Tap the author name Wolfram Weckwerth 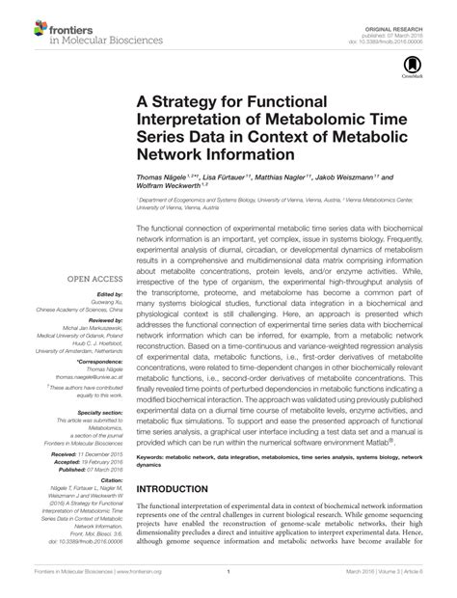click(x=170, y=189)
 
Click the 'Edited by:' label click(x=109, y=294)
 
